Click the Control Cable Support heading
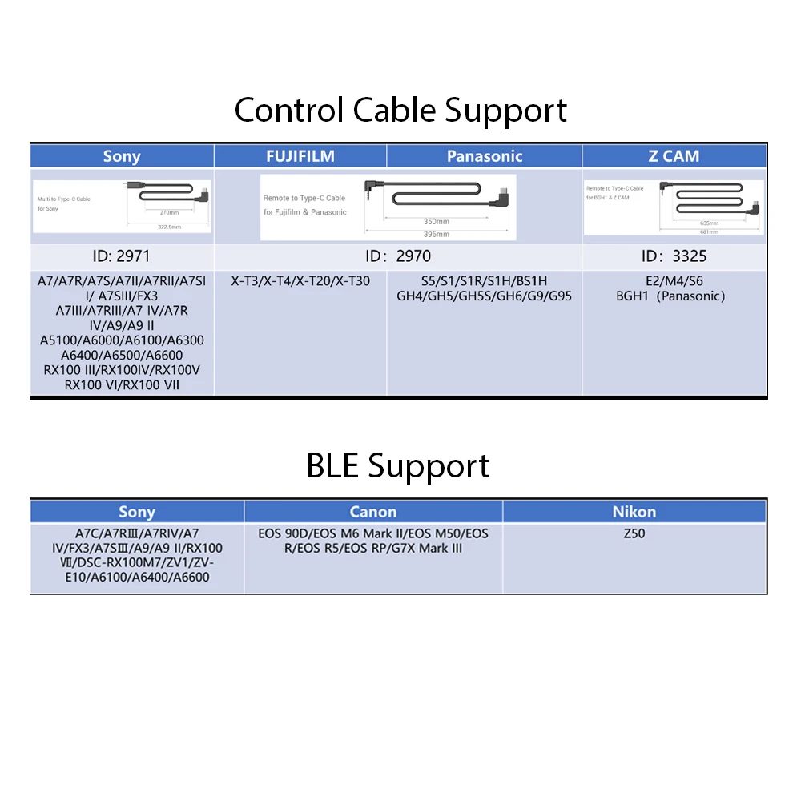coord(400,110)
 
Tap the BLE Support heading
coord(398,465)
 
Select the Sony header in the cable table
coord(122,156)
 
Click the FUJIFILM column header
coord(300,155)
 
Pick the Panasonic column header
coord(485,156)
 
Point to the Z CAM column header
coord(674,156)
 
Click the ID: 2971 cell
coord(122,256)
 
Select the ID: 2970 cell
coord(398,256)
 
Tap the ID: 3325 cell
coord(674,256)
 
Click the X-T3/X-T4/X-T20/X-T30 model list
coord(300,281)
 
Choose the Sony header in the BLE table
coord(137,512)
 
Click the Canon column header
coord(373,512)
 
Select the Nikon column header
coord(634,512)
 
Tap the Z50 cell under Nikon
coord(634,533)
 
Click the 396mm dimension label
coord(437,234)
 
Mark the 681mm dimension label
coord(708,231)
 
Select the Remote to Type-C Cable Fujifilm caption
coord(304,198)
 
